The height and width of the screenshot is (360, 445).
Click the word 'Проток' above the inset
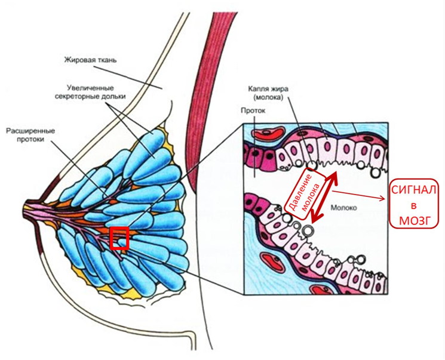pos(252,110)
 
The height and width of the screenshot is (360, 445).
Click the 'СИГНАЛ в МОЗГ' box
pos(415,205)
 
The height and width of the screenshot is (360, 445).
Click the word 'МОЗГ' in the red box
pos(415,220)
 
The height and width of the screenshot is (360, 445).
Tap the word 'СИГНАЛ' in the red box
pos(415,190)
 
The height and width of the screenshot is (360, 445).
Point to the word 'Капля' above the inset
pos(260,88)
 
